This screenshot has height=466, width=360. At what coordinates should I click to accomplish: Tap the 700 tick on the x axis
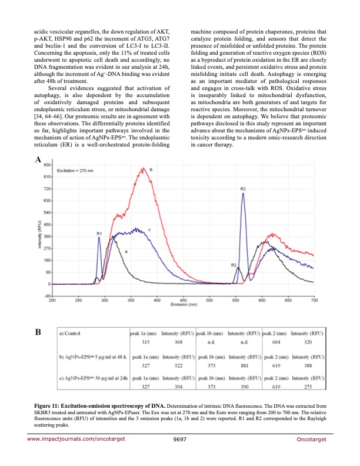click(x=314, y=301)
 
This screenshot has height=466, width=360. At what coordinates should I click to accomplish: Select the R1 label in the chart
click(x=99, y=234)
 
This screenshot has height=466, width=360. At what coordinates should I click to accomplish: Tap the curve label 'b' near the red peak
click(x=152, y=169)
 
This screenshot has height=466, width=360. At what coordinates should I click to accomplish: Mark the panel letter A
click(x=38, y=159)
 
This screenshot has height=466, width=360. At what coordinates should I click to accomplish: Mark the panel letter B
click(x=38, y=332)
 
